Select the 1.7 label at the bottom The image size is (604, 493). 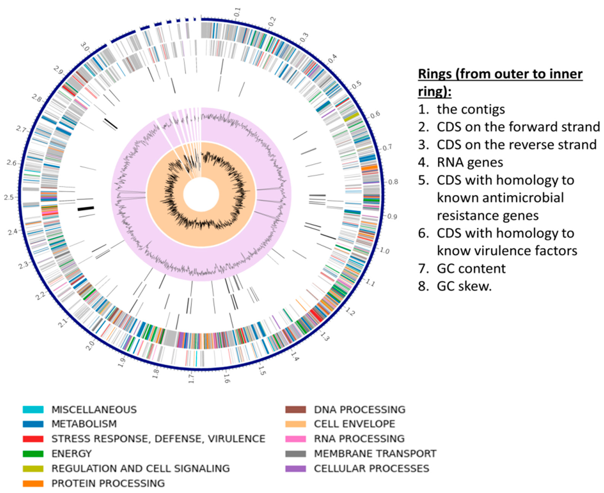click(x=191, y=379)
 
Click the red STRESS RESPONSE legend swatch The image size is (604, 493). click(x=33, y=439)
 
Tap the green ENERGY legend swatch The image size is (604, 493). click(x=33, y=454)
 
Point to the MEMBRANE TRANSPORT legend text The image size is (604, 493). click(x=375, y=454)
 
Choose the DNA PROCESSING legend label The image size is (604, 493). click(x=359, y=410)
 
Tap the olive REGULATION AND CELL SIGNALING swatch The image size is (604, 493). click(x=33, y=468)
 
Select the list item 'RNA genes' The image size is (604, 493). click(x=470, y=162)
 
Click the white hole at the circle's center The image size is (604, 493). click(x=201, y=195)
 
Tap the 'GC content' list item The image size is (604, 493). click(x=471, y=268)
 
